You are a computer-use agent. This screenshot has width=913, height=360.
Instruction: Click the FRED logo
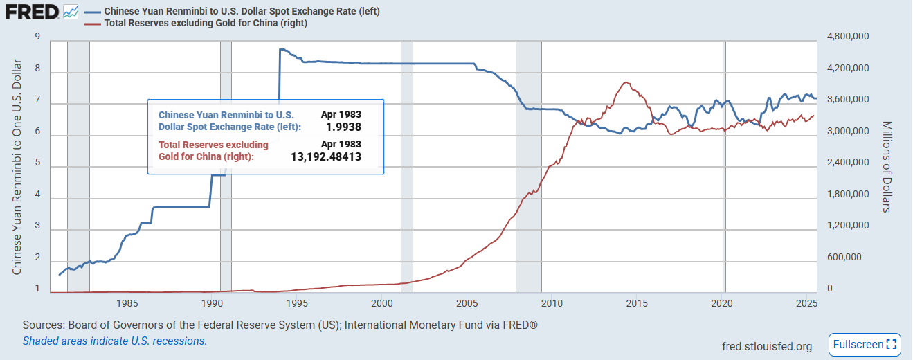pyautogui.click(x=30, y=12)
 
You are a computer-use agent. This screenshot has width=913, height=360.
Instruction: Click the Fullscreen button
pyautogui.click(x=865, y=344)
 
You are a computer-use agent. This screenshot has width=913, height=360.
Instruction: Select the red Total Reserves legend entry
pyautogui.click(x=205, y=23)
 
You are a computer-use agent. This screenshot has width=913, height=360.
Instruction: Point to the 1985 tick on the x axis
pyautogui.click(x=127, y=303)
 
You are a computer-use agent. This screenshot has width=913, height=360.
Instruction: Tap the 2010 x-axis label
pyautogui.click(x=552, y=303)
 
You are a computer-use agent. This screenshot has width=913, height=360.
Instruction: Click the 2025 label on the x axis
pyautogui.click(x=806, y=303)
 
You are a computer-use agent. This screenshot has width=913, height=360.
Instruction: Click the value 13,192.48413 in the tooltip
pyautogui.click(x=326, y=157)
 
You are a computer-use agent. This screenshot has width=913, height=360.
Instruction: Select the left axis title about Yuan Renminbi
pyautogui.click(x=17, y=166)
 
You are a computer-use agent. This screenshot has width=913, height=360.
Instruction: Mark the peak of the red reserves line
pyautogui.click(x=626, y=82)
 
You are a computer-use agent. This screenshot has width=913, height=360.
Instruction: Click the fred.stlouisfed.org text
pyautogui.click(x=767, y=346)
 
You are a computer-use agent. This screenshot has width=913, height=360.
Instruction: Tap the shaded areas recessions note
pyautogui.click(x=115, y=341)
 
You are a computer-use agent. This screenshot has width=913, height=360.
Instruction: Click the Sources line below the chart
pyautogui.click(x=280, y=325)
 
